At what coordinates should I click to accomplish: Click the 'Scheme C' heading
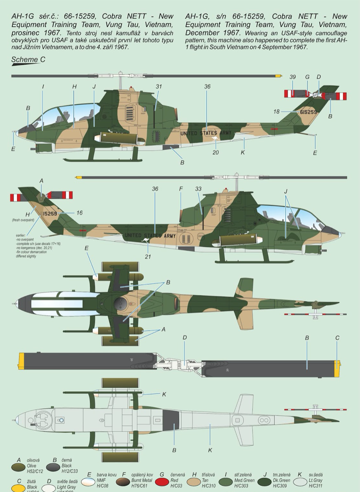click(28, 60)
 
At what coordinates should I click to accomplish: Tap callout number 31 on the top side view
click(159, 87)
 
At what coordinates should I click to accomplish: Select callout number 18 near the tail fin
click(276, 112)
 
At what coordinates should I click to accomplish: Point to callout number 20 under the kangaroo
click(216, 153)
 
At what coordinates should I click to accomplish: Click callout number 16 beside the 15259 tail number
click(79, 213)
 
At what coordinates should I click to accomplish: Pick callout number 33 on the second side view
click(198, 189)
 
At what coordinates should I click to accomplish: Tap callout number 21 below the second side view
click(148, 256)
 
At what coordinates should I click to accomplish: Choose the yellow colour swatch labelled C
click(18, 488)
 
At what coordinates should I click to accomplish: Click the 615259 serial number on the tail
click(308, 112)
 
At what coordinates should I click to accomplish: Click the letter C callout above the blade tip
click(337, 338)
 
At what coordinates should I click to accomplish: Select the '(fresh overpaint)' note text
click(23, 220)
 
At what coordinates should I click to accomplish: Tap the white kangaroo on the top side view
click(216, 139)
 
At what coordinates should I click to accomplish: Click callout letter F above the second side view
click(181, 189)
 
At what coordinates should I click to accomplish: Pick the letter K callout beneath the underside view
click(210, 450)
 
